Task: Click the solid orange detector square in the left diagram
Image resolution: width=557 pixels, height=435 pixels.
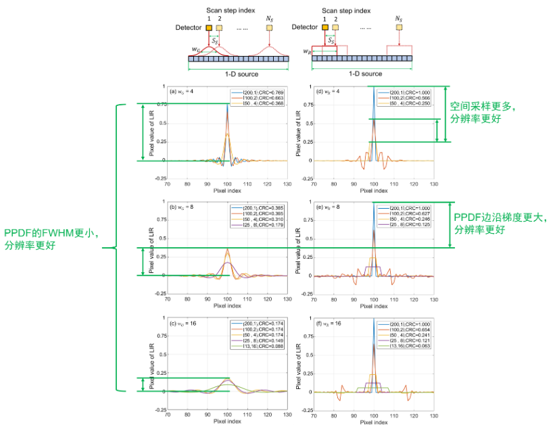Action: pyautogui.click(x=209, y=28)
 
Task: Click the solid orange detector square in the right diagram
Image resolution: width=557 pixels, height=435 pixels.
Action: pyautogui.click(x=325, y=28)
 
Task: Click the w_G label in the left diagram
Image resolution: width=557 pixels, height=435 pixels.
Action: pyautogui.click(x=196, y=49)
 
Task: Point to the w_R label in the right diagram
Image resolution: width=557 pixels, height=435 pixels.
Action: pyautogui.click(x=308, y=51)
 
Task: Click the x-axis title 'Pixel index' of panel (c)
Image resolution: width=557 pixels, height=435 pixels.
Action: pyautogui.click(x=228, y=421)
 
